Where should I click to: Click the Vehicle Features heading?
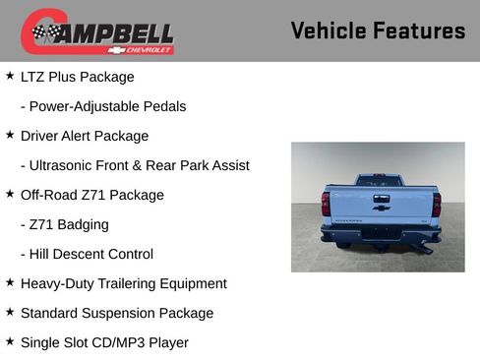pyautogui.click(x=378, y=30)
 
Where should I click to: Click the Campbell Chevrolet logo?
pyautogui.click(x=97, y=32)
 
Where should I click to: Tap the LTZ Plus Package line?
pyautogui.click(x=78, y=77)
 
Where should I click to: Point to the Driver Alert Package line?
pyautogui.click(x=85, y=136)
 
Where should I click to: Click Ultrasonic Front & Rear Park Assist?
pyautogui.click(x=135, y=165)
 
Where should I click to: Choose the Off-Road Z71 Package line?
pyautogui.click(x=92, y=195)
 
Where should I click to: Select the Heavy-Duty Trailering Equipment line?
pyautogui.click(x=124, y=283)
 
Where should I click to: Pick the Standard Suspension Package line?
pyautogui.click(x=117, y=313)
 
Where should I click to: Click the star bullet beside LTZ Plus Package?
pyautogui.click(x=10, y=76)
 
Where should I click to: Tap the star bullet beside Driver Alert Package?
pyautogui.click(x=10, y=135)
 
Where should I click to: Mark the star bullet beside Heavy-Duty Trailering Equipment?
pyautogui.click(x=10, y=282)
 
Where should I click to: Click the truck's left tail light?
pyautogui.click(x=326, y=204)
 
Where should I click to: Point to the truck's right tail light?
pyautogui.click(x=436, y=204)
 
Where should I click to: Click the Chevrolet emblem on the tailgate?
pyautogui.click(x=381, y=207)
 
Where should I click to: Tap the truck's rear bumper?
pyautogui.click(x=381, y=234)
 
